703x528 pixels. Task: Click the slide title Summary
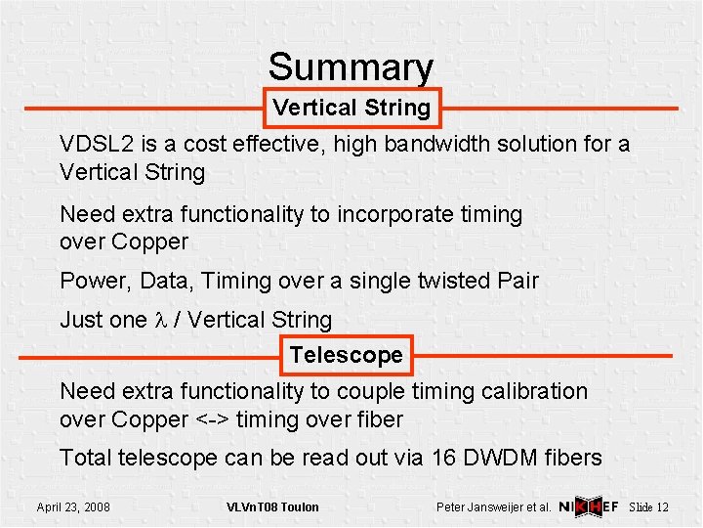pos(351,67)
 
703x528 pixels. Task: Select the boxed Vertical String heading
pos(351,108)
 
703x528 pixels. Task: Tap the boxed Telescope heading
pos(346,355)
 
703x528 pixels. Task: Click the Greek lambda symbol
pos(161,320)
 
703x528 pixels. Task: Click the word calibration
pos(528,391)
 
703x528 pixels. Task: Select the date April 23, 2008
pos(73,506)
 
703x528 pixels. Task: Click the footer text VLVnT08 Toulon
pos(272,506)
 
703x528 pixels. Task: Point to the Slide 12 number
pos(649,506)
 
